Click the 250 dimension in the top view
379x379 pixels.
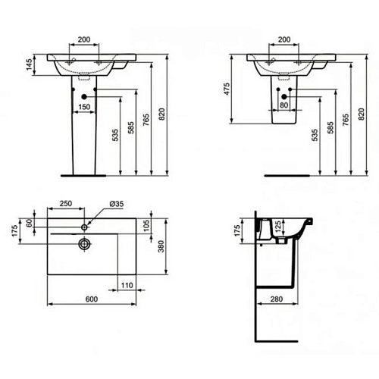pyautogui.click(x=66, y=203)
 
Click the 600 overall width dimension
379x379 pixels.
pyautogui.click(x=92, y=299)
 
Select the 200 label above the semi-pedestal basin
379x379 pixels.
pyautogui.click(x=284, y=39)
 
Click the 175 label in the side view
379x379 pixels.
pyautogui.click(x=236, y=230)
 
